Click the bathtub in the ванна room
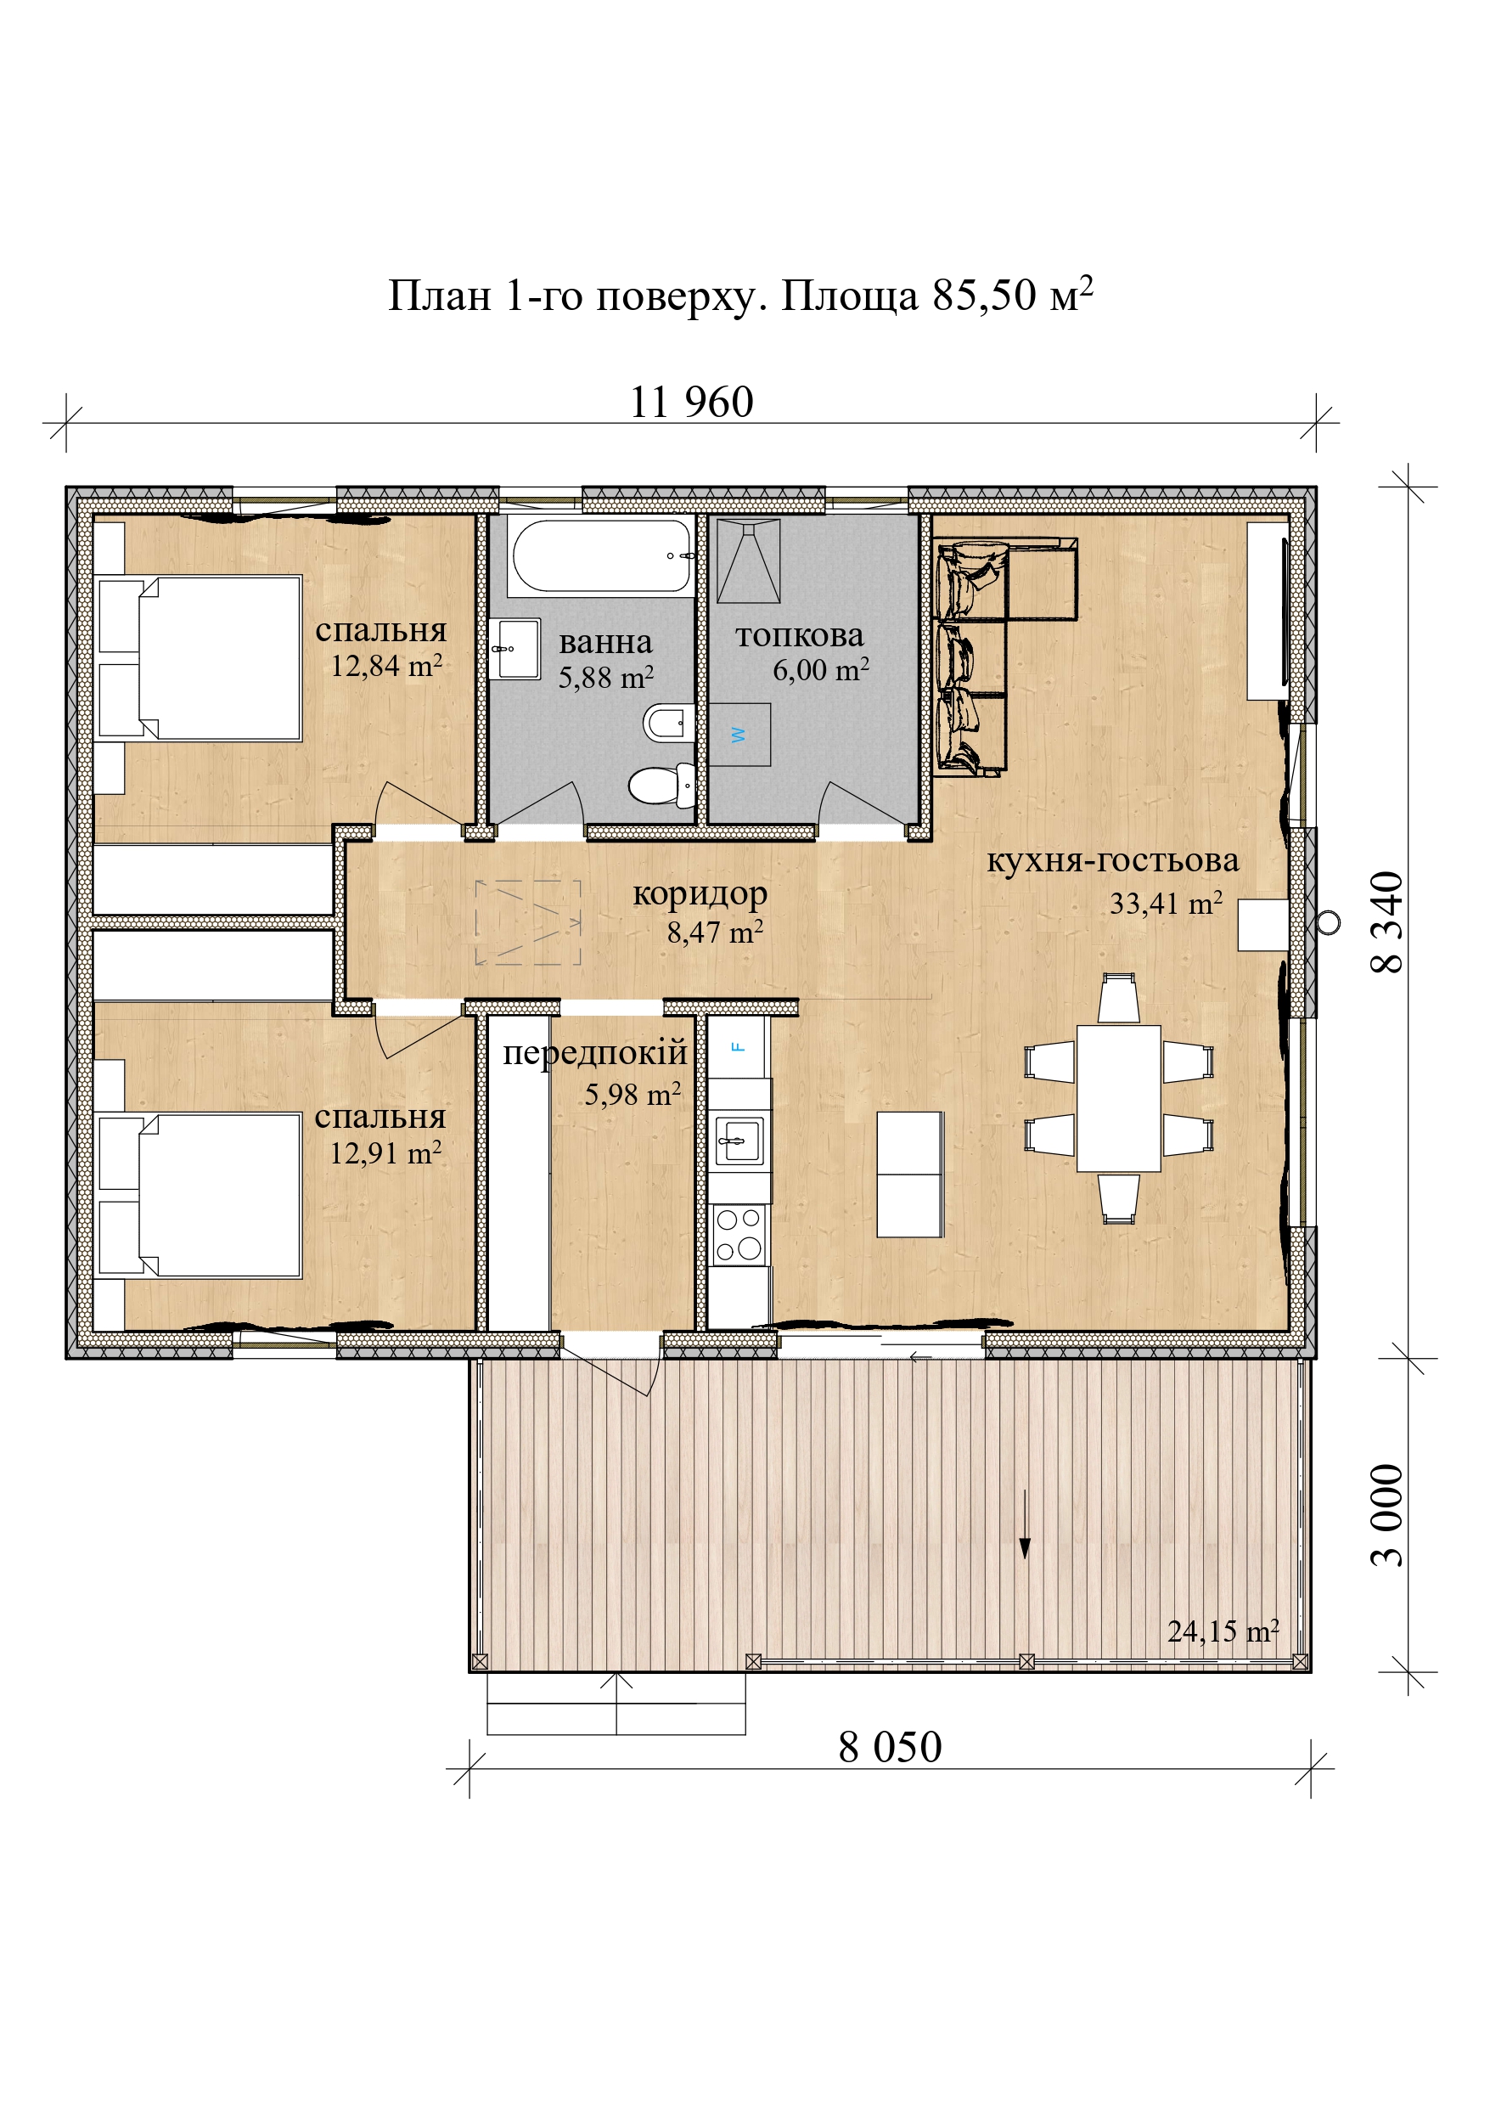[x=601, y=556]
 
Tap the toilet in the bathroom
[x=661, y=786]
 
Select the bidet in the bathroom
[x=669, y=723]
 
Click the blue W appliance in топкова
[x=739, y=734]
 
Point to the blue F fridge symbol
[x=738, y=1047]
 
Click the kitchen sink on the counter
[x=739, y=1141]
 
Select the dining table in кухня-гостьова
[x=1118, y=1098]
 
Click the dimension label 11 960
[x=692, y=402]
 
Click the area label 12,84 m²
[x=386, y=665]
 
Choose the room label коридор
[x=700, y=893]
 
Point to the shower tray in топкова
[x=749, y=561]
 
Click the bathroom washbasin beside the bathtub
[x=514, y=649]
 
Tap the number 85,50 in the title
[x=985, y=296]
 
